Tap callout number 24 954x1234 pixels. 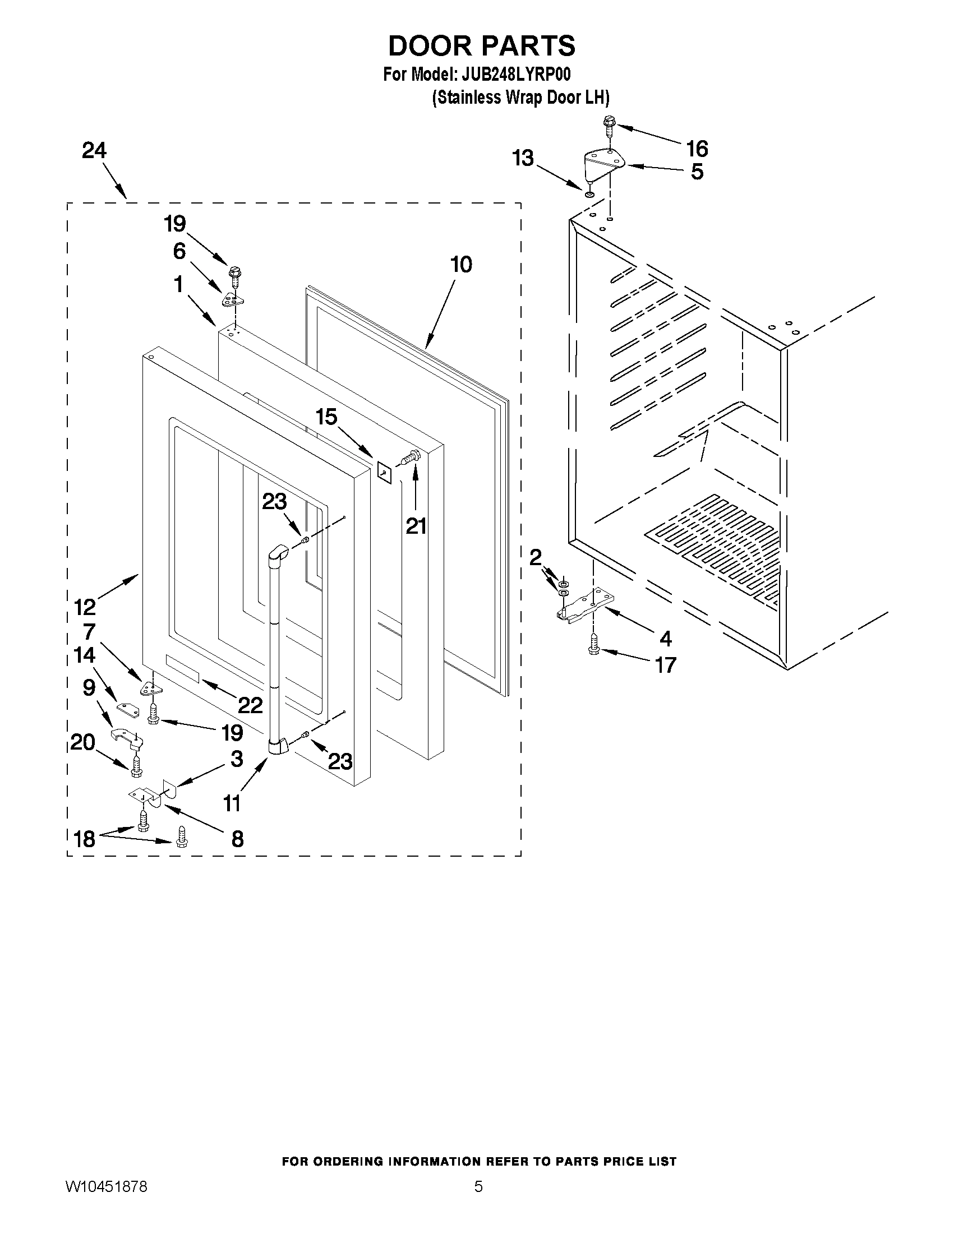coord(94,150)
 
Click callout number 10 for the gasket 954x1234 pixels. coord(461,265)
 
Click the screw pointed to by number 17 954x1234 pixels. coord(593,645)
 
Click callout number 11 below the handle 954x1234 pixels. coord(232,803)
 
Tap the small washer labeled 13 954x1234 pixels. coord(589,195)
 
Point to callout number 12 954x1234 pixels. coord(85,607)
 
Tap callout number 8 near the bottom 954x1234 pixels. coord(237,839)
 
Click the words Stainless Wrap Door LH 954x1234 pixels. coord(520,98)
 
